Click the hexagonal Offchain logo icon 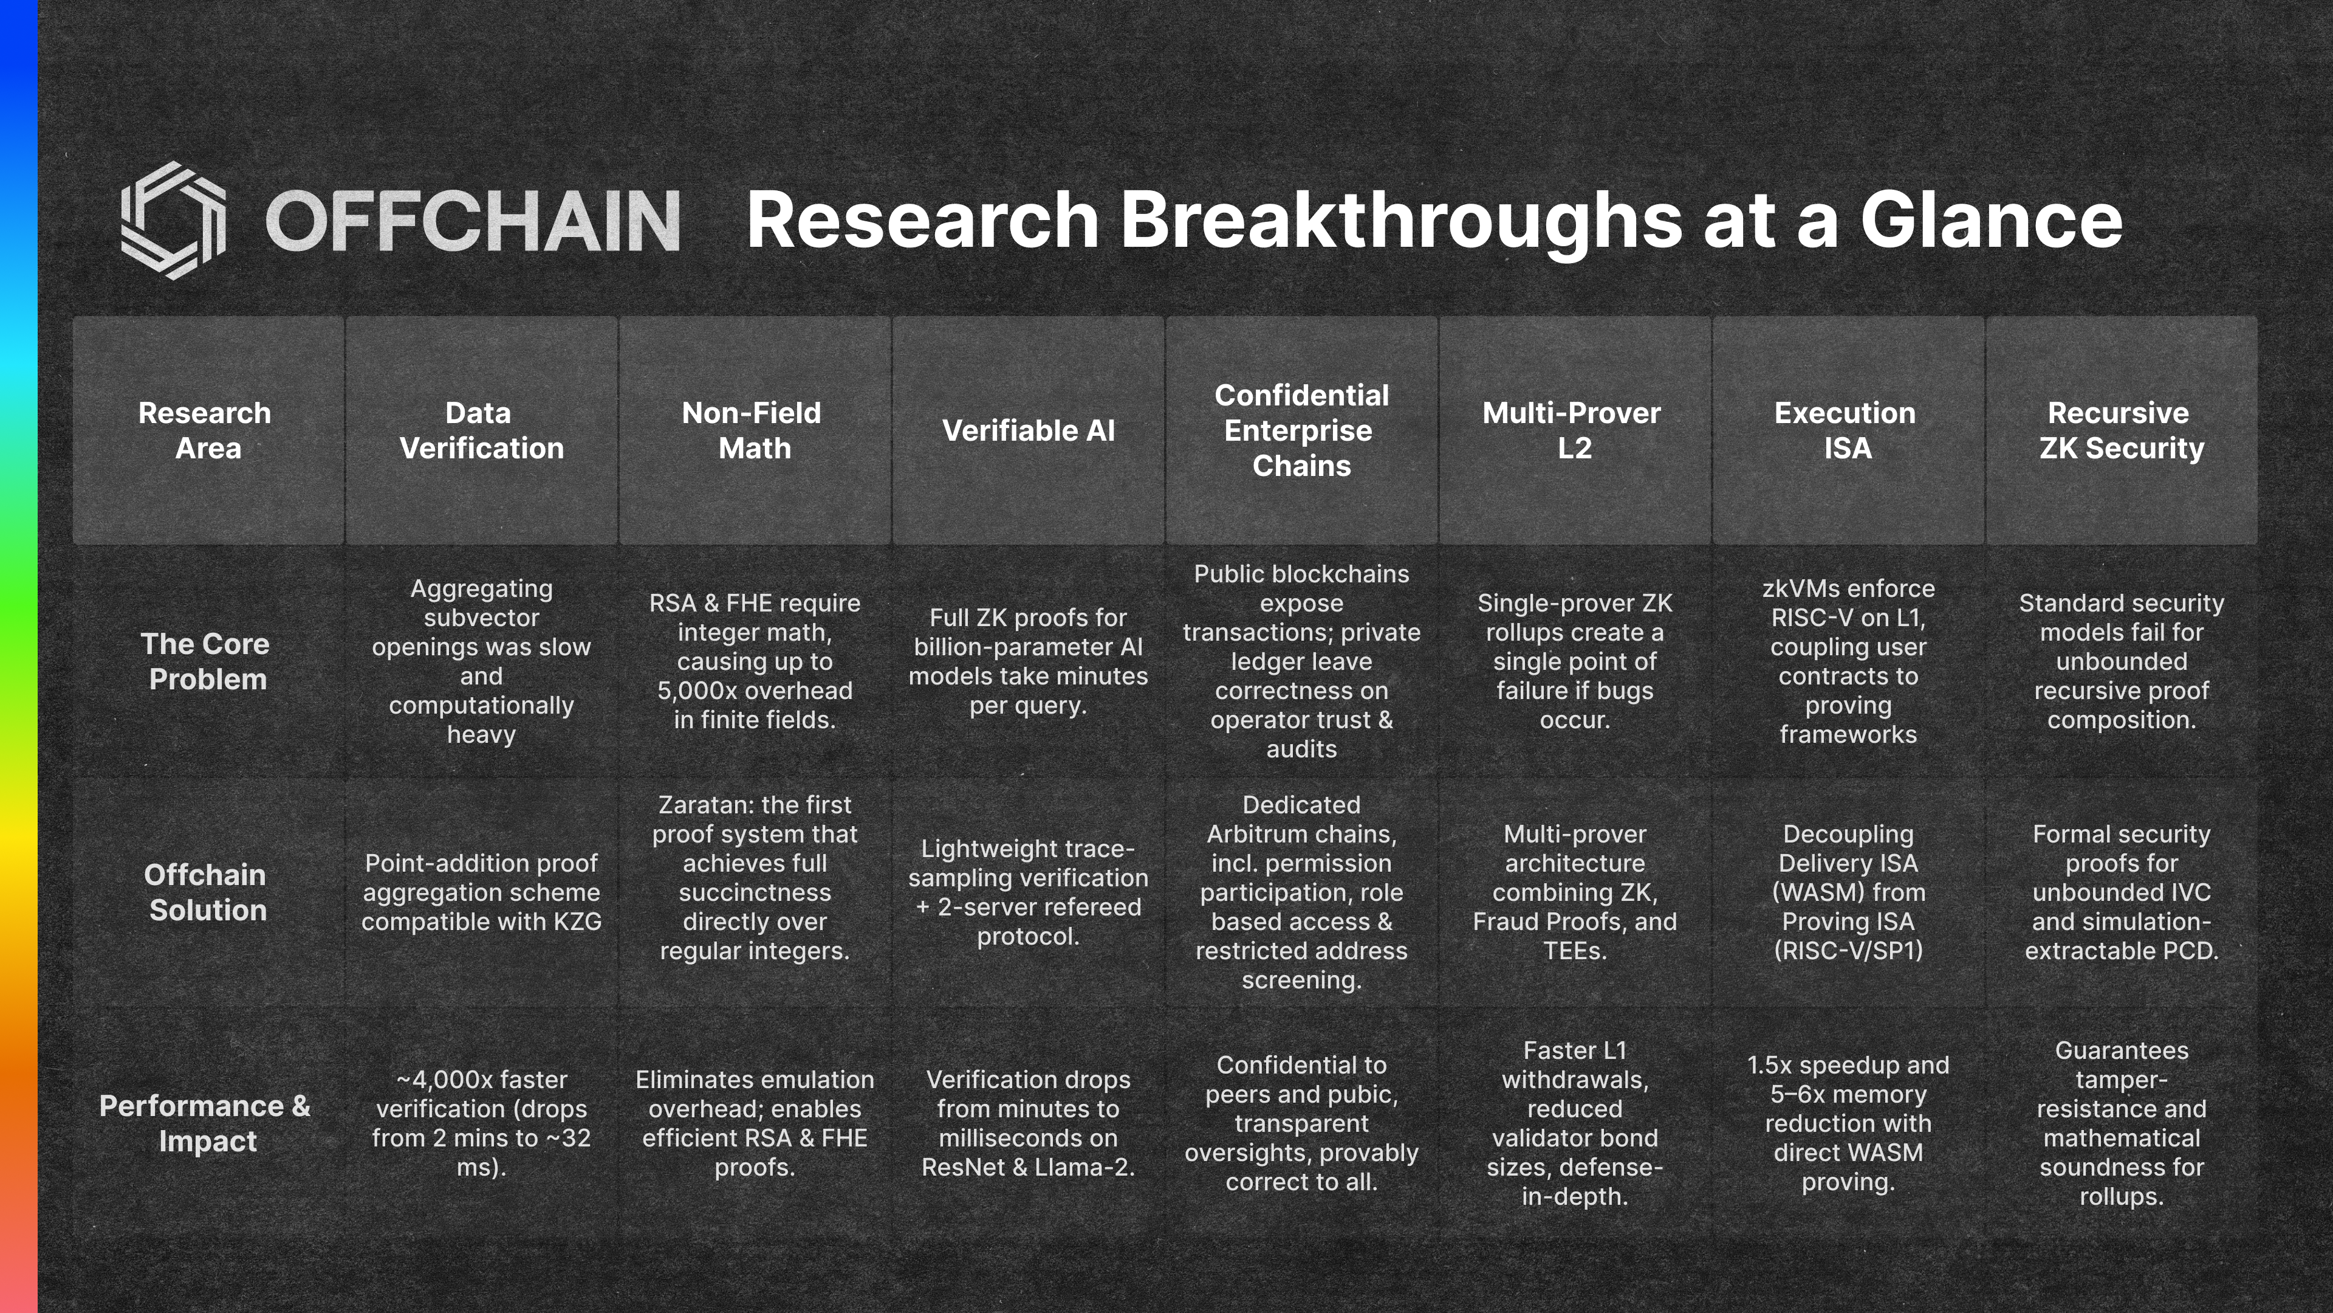click(x=173, y=220)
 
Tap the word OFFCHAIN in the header click(x=473, y=220)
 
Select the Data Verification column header click(x=481, y=430)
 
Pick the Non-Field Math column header click(x=755, y=430)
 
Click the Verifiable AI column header click(x=1028, y=430)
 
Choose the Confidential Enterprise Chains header click(x=1301, y=430)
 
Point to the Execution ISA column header click(x=1847, y=430)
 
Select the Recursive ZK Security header click(x=2121, y=430)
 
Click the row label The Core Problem click(x=207, y=661)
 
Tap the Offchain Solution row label click(x=207, y=892)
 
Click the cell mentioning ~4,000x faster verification click(x=481, y=1123)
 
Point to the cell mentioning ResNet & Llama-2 click(x=1028, y=1123)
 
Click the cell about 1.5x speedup click(x=1848, y=1123)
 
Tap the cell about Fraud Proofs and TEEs click(x=1574, y=892)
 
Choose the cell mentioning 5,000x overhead click(x=755, y=661)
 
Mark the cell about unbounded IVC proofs click(x=2121, y=892)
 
